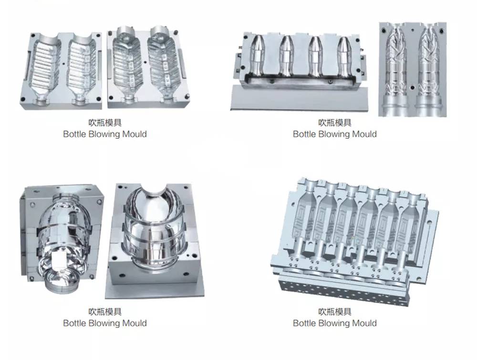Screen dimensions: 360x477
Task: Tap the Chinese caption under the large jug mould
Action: (x=105, y=312)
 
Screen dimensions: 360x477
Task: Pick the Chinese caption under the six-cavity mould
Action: (x=335, y=312)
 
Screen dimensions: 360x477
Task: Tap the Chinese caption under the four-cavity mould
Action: (x=335, y=123)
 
